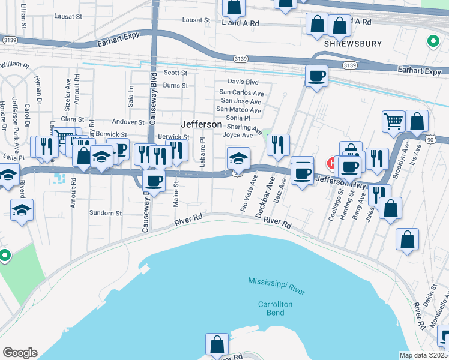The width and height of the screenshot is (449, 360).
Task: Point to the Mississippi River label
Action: pos(277,286)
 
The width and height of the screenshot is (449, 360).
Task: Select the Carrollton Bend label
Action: pos(275,308)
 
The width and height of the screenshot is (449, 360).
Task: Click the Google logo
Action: pos(20,353)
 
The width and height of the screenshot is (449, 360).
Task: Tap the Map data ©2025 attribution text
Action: pos(423,355)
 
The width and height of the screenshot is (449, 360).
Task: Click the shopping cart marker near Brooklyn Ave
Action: pos(393,122)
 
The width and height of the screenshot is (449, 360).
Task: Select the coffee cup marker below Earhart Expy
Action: pos(316,77)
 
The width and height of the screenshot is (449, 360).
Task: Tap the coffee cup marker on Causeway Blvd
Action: pos(154,181)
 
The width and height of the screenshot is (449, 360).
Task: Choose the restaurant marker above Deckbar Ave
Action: pos(278,145)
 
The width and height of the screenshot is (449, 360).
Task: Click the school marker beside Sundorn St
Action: pos(22,210)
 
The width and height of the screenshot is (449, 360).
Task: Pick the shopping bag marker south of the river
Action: pos(217,344)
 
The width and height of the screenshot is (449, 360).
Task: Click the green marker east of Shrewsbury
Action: pos(432,41)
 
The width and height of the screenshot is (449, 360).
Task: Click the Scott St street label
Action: pos(175,73)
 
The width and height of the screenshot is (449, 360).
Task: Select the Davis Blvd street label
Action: pos(243,82)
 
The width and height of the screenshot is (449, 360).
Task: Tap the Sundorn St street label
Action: pos(105,213)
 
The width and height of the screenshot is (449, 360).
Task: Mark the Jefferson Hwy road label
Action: pos(340,182)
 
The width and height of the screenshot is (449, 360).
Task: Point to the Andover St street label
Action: pos(124,122)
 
